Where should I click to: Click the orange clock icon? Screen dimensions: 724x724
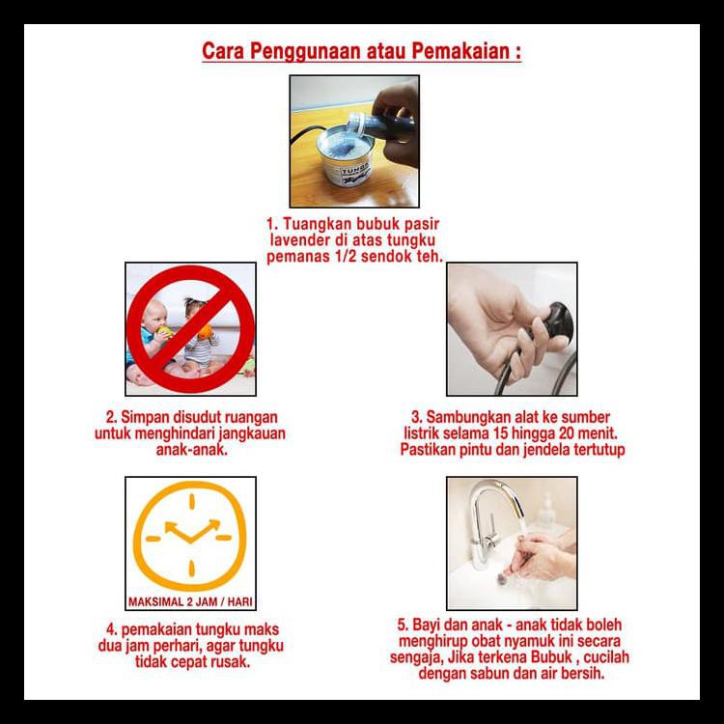click(190, 536)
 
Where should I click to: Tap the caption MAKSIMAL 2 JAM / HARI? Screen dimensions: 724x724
click(190, 602)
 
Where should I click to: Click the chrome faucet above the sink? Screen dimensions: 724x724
click(494, 521)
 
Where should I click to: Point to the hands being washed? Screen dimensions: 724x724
click(541, 556)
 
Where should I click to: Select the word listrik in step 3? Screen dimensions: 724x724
click(422, 433)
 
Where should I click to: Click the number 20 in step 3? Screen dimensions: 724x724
click(567, 433)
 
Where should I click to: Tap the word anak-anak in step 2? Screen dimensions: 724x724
click(192, 449)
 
